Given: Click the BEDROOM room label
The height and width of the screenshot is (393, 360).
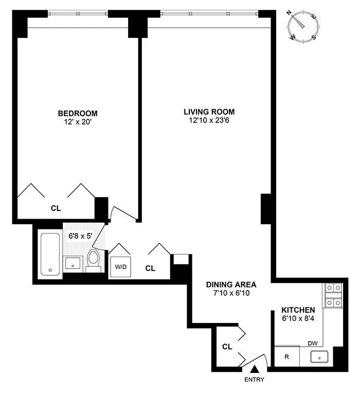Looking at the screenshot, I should (77, 113).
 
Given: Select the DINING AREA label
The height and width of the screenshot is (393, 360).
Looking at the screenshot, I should (231, 284).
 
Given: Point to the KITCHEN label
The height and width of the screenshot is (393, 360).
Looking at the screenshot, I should (298, 310).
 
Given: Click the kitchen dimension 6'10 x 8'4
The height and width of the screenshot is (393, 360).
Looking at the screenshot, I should (298, 319).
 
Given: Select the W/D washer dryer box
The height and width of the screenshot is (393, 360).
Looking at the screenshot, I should (121, 267).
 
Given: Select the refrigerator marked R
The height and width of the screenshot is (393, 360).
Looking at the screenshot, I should (287, 357).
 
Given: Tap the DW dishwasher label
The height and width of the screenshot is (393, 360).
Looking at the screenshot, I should (312, 343).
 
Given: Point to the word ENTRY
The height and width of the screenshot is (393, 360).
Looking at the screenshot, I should (255, 380).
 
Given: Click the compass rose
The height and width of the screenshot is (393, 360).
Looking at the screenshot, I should (303, 26).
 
